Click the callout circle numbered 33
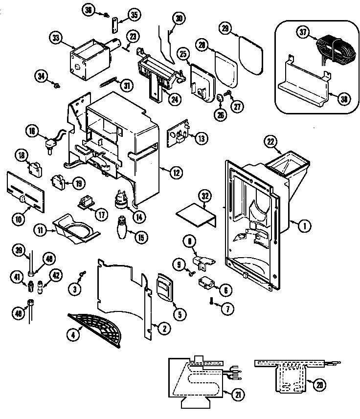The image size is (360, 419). [57, 38]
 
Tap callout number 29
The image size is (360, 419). [225, 29]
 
